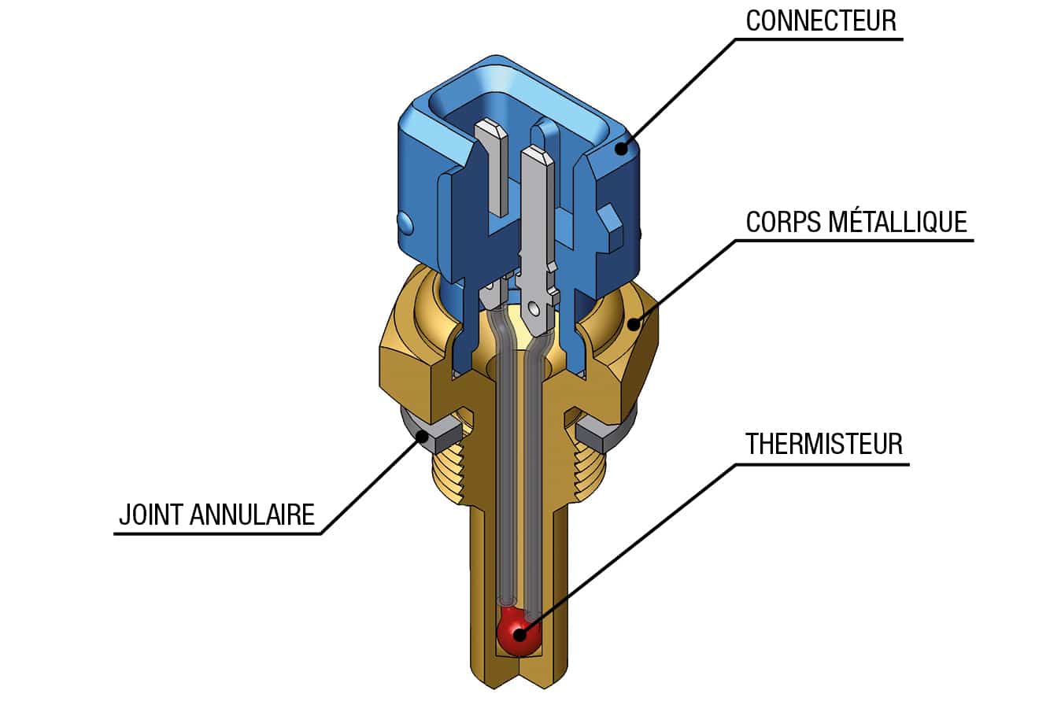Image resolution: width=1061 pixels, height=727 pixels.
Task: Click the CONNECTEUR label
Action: pos(821,20)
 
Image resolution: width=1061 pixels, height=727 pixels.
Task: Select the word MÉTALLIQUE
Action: pos(897,221)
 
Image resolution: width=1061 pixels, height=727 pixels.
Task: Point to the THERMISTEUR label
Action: pos(824,444)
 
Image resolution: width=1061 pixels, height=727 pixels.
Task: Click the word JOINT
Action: pos(150,515)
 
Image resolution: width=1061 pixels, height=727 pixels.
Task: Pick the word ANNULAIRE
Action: pos(252,515)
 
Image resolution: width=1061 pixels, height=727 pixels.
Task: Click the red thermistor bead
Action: pos(518,631)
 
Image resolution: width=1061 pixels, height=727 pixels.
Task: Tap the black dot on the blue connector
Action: pos(622,148)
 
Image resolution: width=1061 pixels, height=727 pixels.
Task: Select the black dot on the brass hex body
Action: pos(634,324)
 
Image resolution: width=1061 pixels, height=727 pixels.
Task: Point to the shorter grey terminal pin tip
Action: pos(490,129)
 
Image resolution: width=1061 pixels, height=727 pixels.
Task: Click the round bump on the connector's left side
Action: pos(405,223)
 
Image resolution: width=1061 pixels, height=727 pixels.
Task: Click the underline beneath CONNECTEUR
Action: pos(819,39)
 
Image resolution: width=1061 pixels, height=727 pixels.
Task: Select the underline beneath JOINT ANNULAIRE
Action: pos(218,533)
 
